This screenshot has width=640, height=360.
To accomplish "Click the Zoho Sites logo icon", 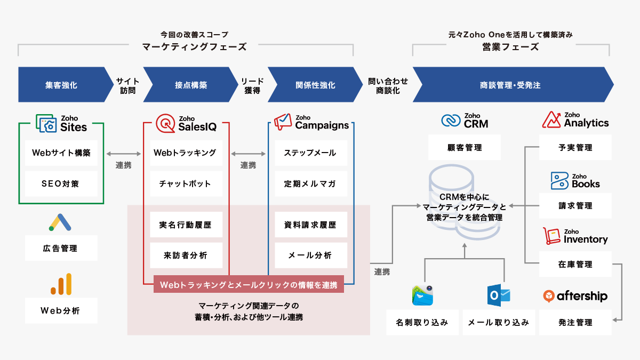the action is click(x=46, y=123).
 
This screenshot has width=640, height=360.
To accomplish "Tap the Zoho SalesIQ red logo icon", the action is click(x=165, y=123).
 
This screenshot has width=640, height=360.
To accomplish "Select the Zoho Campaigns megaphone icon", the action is click(x=283, y=122).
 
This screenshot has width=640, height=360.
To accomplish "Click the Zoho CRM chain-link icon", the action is click(x=451, y=121).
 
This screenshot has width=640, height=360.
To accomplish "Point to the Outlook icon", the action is click(x=499, y=295).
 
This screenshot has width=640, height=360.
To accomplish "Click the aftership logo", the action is click(x=575, y=296).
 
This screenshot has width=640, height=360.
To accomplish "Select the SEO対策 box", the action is click(x=61, y=183).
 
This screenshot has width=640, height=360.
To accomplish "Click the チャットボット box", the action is click(x=186, y=183).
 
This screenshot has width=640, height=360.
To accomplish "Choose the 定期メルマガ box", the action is click(x=311, y=183).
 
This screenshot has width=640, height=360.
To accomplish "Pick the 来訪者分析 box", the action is click(x=186, y=255).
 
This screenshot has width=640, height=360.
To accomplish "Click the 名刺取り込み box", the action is click(x=422, y=322).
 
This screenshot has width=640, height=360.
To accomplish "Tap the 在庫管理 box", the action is click(x=575, y=265).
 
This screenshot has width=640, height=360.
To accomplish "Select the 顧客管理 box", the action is click(x=465, y=147).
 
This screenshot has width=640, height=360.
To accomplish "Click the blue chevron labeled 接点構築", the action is click(x=190, y=85).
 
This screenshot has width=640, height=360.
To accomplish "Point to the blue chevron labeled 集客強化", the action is click(x=66, y=85).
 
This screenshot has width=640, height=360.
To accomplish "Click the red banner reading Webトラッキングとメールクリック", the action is click(x=249, y=284).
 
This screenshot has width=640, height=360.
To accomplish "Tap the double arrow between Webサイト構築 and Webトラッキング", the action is click(x=124, y=154).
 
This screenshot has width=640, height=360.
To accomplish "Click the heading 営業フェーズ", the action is click(x=510, y=47).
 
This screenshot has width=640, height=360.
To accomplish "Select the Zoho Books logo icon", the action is click(x=559, y=181).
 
